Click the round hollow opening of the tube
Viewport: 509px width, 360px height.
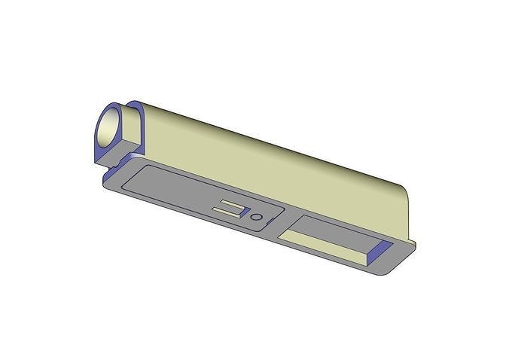(114, 127)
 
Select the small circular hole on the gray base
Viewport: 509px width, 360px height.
(258, 217)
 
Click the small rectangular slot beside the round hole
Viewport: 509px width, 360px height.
(230, 208)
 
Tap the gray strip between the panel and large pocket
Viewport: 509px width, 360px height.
(284, 221)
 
